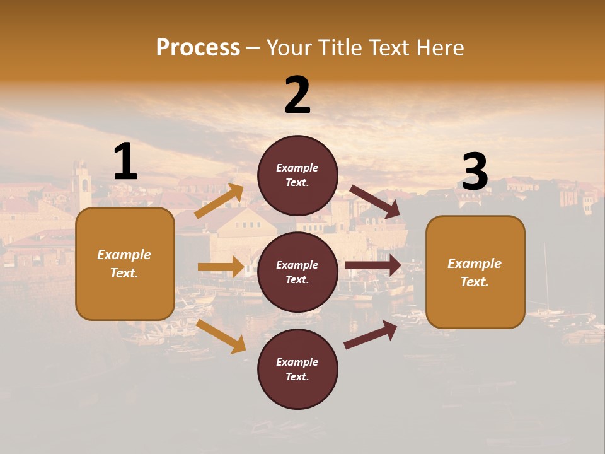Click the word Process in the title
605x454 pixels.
198,48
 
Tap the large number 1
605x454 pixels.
125,161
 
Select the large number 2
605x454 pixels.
297,95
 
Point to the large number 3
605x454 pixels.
475,173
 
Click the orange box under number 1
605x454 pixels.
125,264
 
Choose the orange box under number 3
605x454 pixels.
475,272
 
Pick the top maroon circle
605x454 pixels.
297,175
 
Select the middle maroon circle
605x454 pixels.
297,272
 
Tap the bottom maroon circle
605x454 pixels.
297,370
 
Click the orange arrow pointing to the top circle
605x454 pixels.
219,201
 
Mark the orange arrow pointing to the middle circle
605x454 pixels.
221,267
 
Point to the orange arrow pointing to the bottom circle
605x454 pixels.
221,336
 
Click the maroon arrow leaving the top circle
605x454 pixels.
375,201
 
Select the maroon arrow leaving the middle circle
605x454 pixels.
373,265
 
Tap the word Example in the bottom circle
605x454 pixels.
297,362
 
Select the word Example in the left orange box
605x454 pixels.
124,255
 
